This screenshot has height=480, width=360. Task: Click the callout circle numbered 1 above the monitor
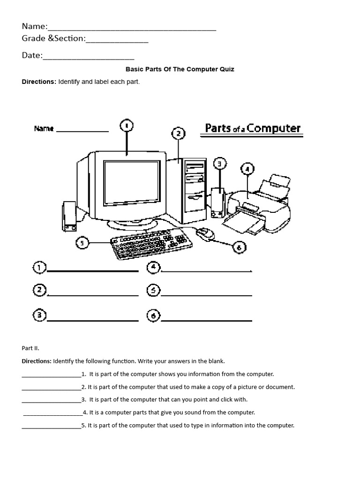127,126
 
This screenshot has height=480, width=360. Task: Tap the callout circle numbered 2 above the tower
178,134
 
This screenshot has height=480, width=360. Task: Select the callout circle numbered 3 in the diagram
219,164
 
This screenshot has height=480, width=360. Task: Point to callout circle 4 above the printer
247,169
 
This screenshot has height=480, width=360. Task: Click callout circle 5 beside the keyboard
82,243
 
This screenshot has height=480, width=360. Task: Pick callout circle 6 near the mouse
239,247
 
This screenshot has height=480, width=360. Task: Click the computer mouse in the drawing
205,233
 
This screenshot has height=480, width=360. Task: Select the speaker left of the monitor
69,217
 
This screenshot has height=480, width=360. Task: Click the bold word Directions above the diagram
39,82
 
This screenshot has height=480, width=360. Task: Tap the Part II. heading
30,348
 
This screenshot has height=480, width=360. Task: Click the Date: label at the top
32,55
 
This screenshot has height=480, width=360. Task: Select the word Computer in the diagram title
274,128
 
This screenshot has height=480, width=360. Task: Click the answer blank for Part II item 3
51,399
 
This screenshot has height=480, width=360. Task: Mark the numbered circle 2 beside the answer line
39,291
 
